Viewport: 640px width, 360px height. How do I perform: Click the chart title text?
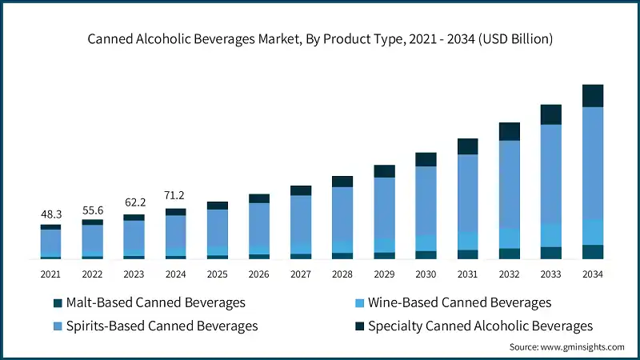coord(320,39)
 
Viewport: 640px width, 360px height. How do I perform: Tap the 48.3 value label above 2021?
coord(51,215)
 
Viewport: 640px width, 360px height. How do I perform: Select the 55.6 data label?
coord(93,210)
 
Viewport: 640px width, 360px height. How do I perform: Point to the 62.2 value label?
coord(134,204)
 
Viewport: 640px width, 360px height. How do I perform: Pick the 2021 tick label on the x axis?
coord(51,274)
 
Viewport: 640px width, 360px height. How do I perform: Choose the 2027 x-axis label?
coord(301,274)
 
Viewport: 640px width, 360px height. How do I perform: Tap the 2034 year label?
coord(593,274)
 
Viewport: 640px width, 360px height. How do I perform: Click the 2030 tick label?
coord(426,274)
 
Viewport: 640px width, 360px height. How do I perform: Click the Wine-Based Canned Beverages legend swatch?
coord(359,303)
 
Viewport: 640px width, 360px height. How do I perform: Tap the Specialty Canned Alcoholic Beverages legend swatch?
coord(359,326)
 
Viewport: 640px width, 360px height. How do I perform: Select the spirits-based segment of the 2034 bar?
coord(593,164)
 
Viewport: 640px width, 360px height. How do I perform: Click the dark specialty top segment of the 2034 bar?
coord(593,95)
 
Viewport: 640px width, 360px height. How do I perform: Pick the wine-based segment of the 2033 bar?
coord(551,234)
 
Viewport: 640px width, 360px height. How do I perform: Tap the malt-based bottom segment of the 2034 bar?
coord(593,252)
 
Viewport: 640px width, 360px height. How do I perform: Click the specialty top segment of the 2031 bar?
coord(468,146)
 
